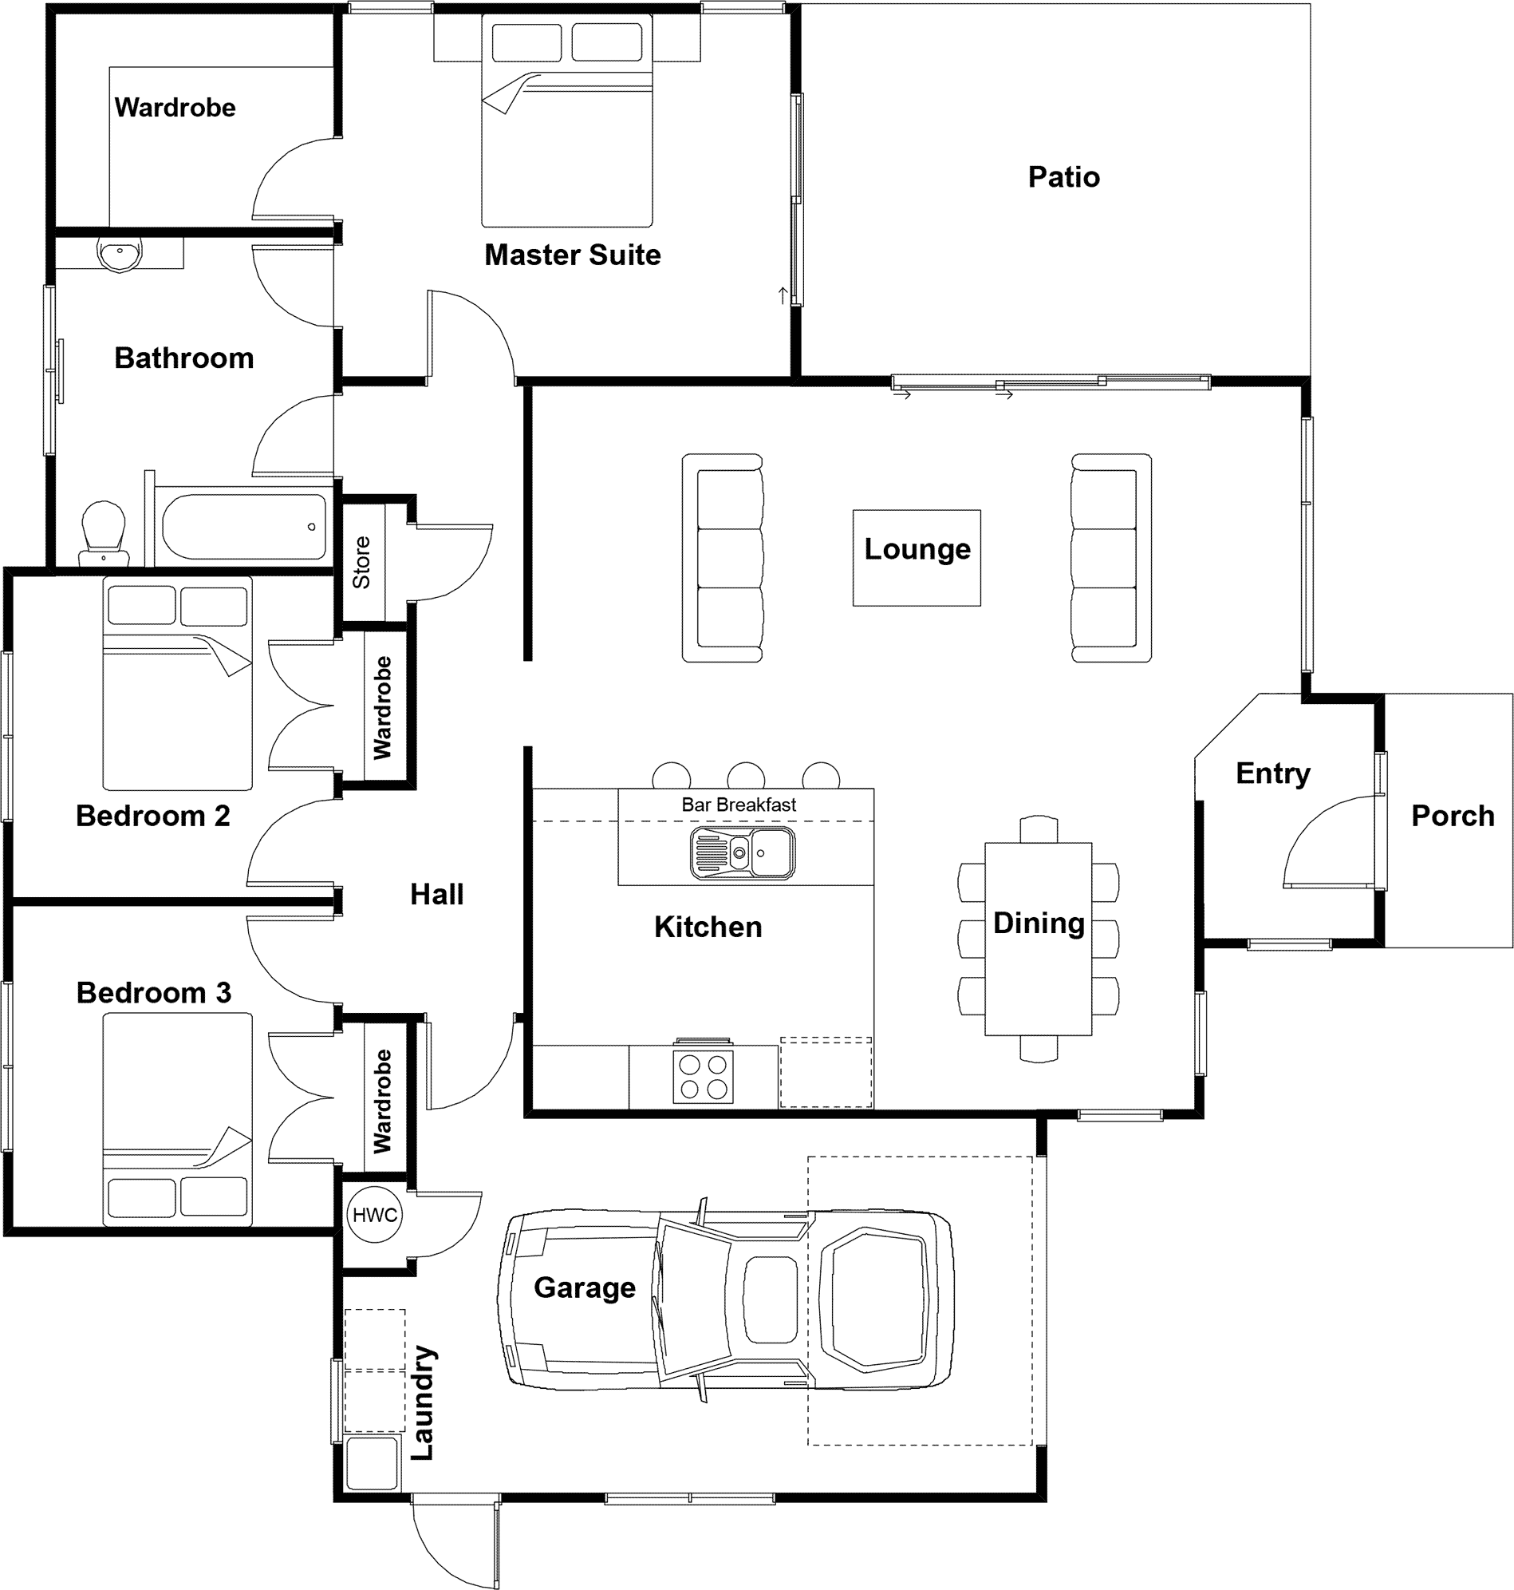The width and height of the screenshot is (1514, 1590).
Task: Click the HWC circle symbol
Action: tap(374, 1214)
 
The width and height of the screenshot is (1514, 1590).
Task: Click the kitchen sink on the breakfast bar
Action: tap(743, 852)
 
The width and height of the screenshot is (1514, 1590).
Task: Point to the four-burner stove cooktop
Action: tap(703, 1077)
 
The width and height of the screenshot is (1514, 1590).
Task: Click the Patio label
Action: tap(1063, 177)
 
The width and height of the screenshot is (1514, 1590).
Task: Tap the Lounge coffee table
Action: tap(917, 557)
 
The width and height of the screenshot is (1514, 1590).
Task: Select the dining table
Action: tap(1038, 939)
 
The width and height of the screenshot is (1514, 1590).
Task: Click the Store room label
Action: tap(361, 562)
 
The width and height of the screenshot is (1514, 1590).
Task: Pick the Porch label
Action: tap(1453, 816)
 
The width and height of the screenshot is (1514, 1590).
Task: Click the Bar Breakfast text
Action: tap(739, 805)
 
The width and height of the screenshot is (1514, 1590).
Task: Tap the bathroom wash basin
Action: tap(120, 254)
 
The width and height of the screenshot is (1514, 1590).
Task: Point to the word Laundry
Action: tap(423, 1402)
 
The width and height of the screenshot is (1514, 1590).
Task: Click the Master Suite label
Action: tap(572, 255)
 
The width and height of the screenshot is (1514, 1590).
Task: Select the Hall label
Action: tap(436, 894)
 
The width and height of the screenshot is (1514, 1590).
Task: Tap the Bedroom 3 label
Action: tap(153, 992)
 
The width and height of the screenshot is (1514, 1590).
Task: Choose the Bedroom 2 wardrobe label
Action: tap(382, 707)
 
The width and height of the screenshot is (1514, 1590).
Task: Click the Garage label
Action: tap(584, 1287)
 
